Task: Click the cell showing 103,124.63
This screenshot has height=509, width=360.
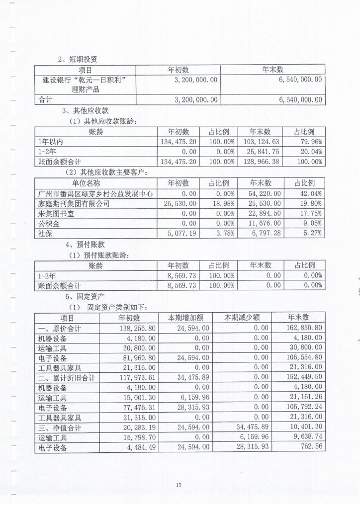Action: (x=261, y=142)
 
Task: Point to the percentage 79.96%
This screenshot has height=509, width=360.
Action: (x=309, y=142)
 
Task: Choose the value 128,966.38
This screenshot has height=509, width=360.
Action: (x=261, y=162)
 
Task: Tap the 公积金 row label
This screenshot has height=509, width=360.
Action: (x=48, y=223)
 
